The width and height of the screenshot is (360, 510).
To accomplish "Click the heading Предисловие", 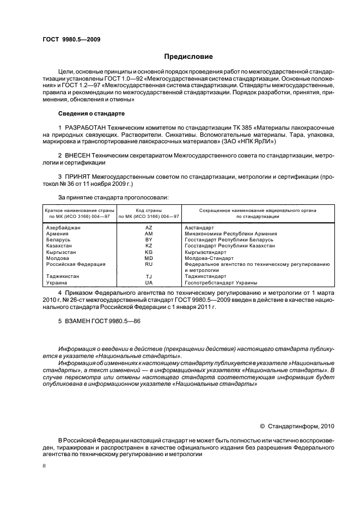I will click(x=188, y=57).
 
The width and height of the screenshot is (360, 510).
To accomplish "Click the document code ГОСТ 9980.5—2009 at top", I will click(x=71, y=40).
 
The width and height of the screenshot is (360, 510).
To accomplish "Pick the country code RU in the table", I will click(x=149, y=264).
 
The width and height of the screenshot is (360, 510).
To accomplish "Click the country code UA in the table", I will click(x=149, y=283).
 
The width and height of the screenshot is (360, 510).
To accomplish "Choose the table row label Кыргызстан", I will click(x=62, y=252).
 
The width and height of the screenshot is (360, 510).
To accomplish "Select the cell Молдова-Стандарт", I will click(x=209, y=258).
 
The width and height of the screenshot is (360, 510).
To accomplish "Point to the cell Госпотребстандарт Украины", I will click(x=221, y=283).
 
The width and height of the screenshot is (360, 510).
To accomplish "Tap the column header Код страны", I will click(x=149, y=210).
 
